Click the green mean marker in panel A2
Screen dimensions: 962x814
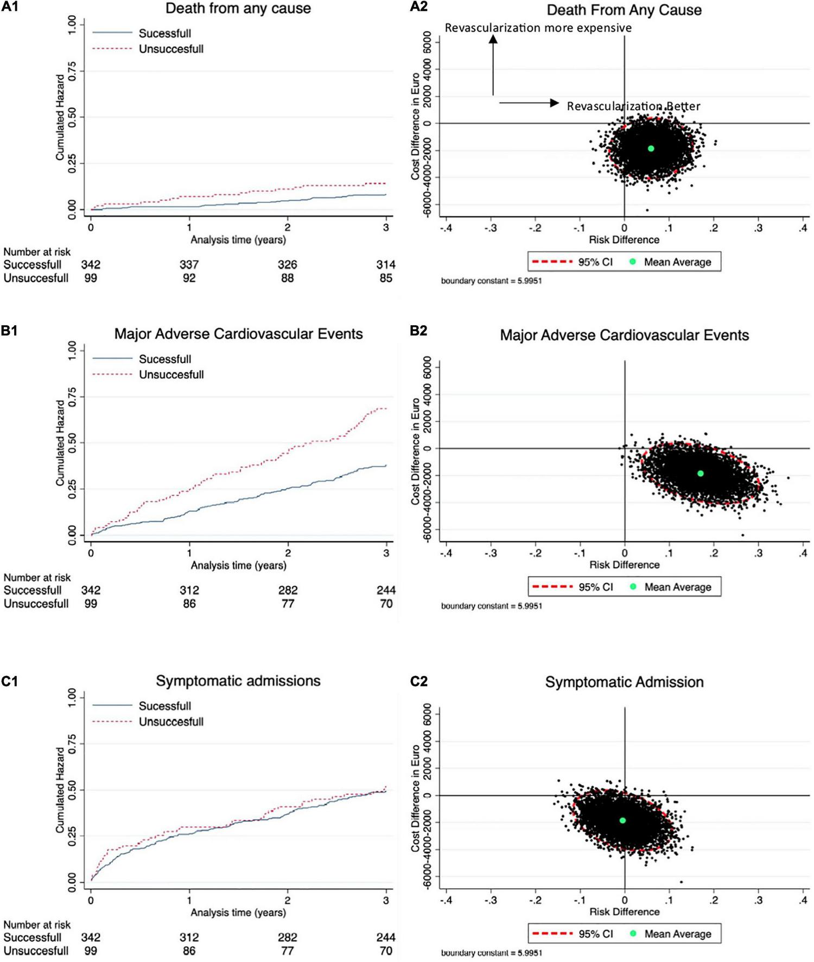pos(651,148)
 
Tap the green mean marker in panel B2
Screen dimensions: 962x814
pos(701,473)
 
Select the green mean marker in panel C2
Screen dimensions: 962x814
pos(622,820)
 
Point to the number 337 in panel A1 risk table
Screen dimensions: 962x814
pos(189,265)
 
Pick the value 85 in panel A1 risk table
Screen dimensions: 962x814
pos(385,279)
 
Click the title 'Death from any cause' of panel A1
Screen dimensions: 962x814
pos(238,9)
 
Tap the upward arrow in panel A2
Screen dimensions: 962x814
pos(493,65)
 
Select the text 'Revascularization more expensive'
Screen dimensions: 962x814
pos(538,28)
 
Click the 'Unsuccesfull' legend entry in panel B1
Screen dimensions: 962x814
pos(171,375)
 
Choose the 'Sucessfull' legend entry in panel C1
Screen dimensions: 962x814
pos(164,706)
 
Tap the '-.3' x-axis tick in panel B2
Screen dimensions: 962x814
pos(491,553)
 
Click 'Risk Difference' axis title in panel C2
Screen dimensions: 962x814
pos(624,912)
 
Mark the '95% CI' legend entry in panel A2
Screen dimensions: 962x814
pos(595,262)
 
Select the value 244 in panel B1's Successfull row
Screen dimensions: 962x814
pos(385,590)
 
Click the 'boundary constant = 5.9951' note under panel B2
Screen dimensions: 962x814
pos(491,606)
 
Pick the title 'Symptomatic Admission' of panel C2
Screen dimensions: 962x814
pos(624,682)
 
